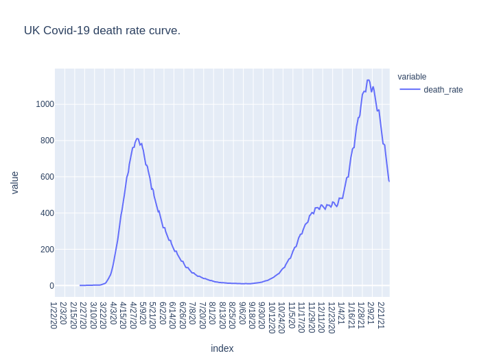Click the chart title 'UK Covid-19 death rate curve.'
102,31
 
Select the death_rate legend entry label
443,90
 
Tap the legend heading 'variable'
412,77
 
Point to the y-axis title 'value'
14,182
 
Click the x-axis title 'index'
222,348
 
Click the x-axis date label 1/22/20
54,315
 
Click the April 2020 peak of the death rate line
137,139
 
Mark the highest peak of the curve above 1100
369,80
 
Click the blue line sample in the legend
410,90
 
